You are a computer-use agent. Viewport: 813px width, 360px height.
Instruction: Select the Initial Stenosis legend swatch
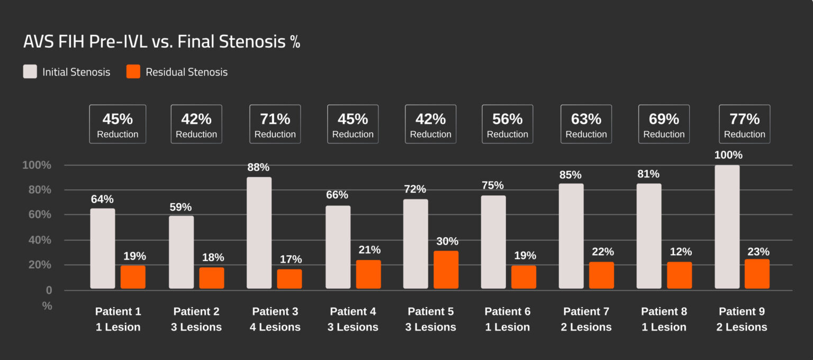pyautogui.click(x=30, y=72)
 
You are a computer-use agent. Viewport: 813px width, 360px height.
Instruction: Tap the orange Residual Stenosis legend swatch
pyautogui.click(x=133, y=72)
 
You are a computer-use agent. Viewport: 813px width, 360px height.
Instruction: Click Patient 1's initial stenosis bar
pyautogui.click(x=103, y=248)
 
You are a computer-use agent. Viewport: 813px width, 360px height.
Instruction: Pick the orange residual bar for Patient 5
pyautogui.click(x=446, y=269)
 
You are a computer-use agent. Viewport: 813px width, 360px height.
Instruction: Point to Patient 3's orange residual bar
pyautogui.click(x=290, y=278)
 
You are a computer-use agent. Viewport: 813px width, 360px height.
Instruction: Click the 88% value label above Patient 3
pyautogui.click(x=258, y=167)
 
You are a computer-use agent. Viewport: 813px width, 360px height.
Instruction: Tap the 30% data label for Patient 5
pyautogui.click(x=447, y=241)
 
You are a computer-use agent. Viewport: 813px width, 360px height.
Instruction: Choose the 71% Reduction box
pyautogui.click(x=275, y=124)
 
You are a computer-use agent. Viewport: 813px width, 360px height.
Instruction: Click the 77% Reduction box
pyautogui.click(x=744, y=124)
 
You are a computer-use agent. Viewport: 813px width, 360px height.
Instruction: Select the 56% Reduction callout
pyautogui.click(x=507, y=124)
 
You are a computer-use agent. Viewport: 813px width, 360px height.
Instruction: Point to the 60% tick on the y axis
pyautogui.click(x=37, y=214)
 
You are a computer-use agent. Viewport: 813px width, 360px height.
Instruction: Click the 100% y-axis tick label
pyautogui.click(x=37, y=165)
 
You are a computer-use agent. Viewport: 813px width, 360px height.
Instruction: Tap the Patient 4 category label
pyautogui.click(x=353, y=311)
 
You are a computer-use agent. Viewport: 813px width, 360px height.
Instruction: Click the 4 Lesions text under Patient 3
pyautogui.click(x=275, y=327)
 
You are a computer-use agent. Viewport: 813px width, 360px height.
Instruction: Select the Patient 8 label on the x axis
pyautogui.click(x=664, y=311)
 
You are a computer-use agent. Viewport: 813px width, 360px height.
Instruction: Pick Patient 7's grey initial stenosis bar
pyautogui.click(x=571, y=236)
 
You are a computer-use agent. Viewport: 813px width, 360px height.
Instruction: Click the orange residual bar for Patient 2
pyautogui.click(x=212, y=278)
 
